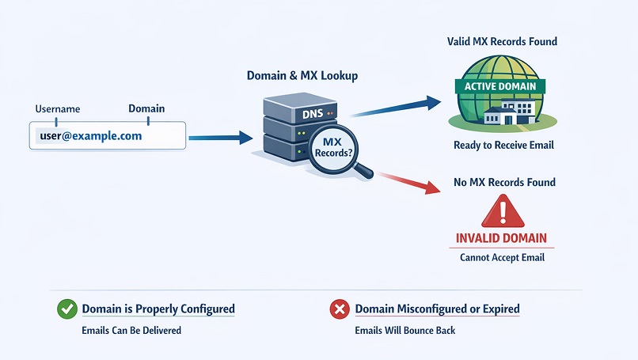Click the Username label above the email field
coord(58,108)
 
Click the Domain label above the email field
coord(146,108)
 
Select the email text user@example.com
coord(90,136)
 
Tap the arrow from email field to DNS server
coord(218,138)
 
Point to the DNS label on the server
coord(291,116)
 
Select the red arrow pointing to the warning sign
coord(408,181)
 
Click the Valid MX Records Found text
coord(503,41)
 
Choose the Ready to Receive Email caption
coord(503,145)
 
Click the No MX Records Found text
coord(503,182)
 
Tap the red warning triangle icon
coord(503,212)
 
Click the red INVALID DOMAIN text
coord(502,238)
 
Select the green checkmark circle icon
coord(66,309)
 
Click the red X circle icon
coord(340,309)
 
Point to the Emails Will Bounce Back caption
coord(405,330)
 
